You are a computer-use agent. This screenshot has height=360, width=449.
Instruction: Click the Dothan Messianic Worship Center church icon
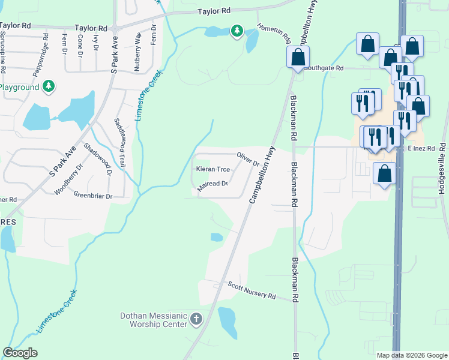click(x=196, y=319)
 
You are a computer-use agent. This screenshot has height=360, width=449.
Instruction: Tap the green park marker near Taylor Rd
click(x=237, y=31)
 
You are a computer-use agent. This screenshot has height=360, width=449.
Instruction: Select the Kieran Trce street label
click(x=213, y=169)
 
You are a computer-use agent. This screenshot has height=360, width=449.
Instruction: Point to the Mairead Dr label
click(x=213, y=184)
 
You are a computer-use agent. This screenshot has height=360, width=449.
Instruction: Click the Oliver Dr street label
click(x=247, y=159)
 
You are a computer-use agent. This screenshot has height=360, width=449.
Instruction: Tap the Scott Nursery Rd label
click(x=251, y=290)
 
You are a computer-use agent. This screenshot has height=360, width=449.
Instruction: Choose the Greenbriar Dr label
click(x=93, y=196)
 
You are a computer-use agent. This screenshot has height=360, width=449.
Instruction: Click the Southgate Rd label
click(x=323, y=68)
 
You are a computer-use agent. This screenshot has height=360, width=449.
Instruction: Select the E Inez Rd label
click(x=421, y=148)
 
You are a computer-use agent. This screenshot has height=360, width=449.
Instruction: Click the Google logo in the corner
click(x=20, y=353)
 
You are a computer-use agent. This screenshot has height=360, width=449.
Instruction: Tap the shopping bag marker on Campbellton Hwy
click(x=298, y=58)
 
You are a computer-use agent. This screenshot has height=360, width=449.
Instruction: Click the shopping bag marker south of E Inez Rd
click(x=384, y=174)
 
